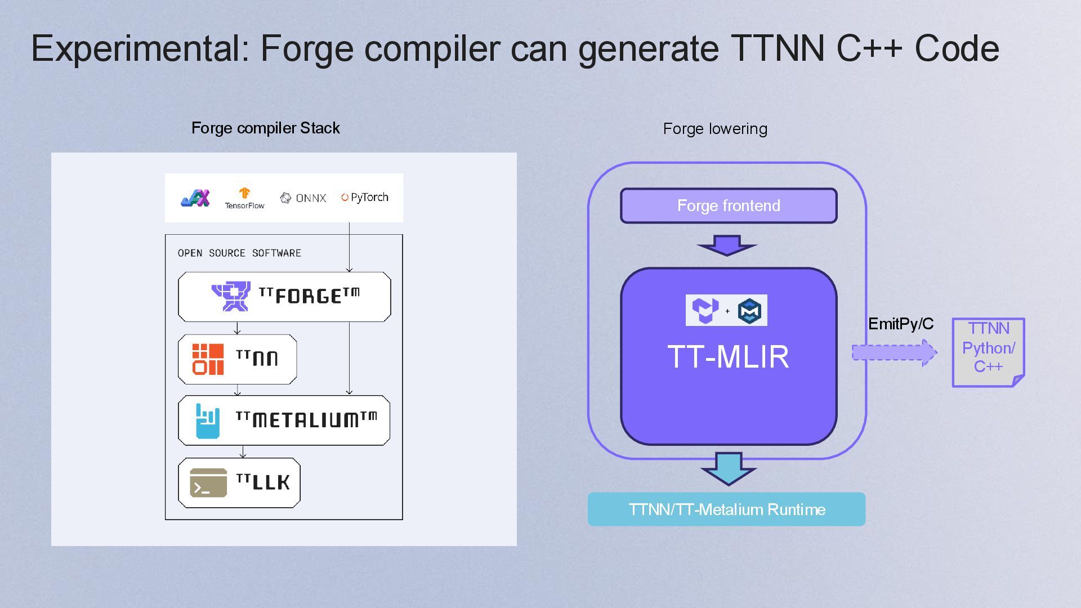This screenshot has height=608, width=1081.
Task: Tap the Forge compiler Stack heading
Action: point(265,128)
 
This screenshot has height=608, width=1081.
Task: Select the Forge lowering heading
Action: point(714,129)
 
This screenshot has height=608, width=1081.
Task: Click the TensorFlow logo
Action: point(244,198)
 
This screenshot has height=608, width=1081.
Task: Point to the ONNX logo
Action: point(303,198)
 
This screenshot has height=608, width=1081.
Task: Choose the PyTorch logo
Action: point(364,198)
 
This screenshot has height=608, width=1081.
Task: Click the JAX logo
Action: point(195,198)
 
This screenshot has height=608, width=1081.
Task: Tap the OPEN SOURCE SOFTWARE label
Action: point(239,253)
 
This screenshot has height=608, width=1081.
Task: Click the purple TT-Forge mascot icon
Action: point(231,296)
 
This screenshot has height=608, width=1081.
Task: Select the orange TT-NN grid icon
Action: point(208,359)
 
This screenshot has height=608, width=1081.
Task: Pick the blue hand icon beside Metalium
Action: point(207,421)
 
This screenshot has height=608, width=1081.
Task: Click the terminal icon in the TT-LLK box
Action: point(208,483)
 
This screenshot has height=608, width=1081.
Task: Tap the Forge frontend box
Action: point(729,205)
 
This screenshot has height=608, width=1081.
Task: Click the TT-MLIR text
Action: point(728,357)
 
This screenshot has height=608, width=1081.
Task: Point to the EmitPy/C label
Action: point(900,324)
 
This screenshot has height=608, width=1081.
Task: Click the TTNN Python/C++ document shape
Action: point(988,352)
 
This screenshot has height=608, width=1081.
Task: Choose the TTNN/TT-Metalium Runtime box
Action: point(726,509)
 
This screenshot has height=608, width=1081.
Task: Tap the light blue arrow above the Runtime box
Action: point(728,467)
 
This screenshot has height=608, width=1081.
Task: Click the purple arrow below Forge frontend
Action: point(727,245)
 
